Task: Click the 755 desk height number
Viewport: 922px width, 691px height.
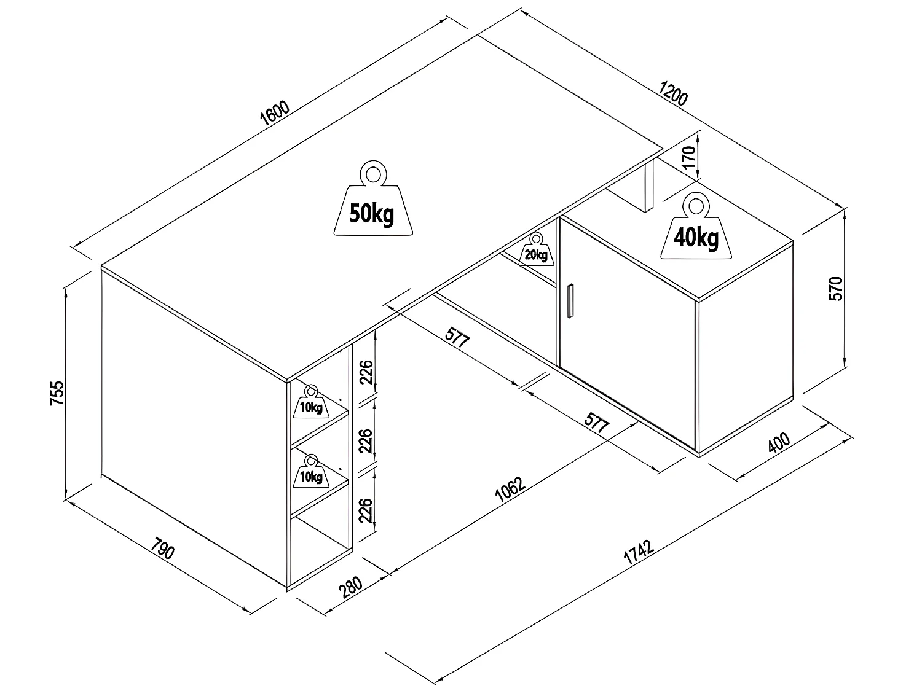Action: pyautogui.click(x=57, y=393)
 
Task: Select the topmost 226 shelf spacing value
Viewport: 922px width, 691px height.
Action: pyautogui.click(x=366, y=372)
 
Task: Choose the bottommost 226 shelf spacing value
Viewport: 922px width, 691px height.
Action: pyautogui.click(x=366, y=510)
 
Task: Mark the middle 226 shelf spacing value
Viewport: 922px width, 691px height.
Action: pyautogui.click(x=366, y=441)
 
